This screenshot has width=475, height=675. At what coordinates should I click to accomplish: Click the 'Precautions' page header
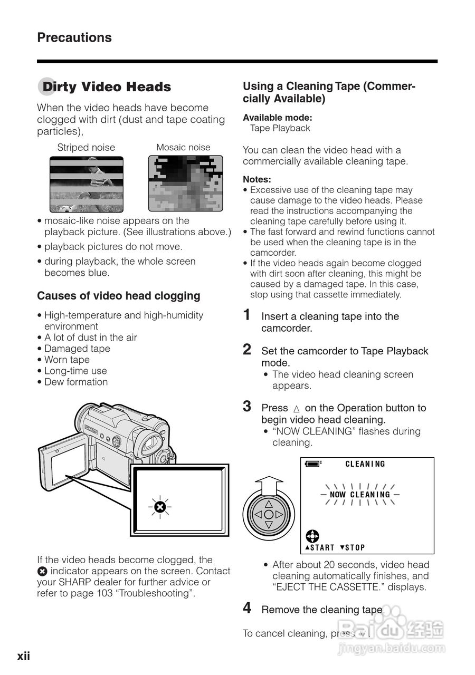(x=74, y=37)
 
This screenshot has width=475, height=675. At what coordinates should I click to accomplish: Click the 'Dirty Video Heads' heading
(x=106, y=87)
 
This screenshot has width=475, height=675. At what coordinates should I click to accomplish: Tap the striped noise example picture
(x=86, y=184)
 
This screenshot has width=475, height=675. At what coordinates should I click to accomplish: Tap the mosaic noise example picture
(x=183, y=184)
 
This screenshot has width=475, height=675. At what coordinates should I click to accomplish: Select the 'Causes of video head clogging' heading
(x=119, y=296)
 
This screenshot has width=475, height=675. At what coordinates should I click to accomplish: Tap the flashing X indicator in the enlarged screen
(x=160, y=507)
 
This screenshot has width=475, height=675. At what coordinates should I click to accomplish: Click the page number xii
(x=24, y=656)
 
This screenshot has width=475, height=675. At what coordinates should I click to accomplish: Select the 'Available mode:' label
(x=278, y=118)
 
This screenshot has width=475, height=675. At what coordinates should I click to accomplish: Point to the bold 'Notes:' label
(x=257, y=179)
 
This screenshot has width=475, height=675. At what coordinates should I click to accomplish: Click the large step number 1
(x=247, y=315)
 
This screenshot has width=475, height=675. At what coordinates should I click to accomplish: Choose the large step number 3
(x=247, y=407)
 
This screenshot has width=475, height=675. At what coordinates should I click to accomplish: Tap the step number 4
(x=247, y=609)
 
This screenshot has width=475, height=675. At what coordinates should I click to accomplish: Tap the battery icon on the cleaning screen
(x=312, y=464)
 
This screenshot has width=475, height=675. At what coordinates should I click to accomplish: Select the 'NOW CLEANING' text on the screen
(x=360, y=495)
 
